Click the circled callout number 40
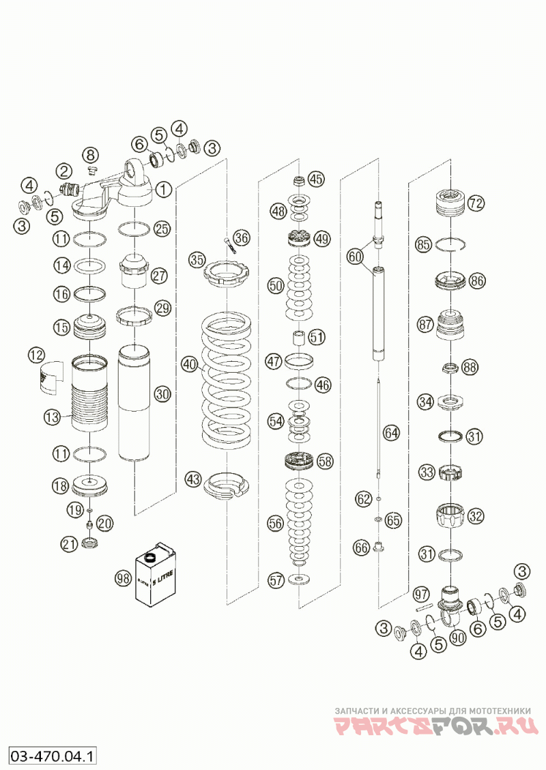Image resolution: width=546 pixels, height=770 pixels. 189,365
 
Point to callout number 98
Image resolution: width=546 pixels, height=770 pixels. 123,578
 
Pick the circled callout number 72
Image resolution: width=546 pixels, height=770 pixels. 476,203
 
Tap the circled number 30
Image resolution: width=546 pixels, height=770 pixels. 162,394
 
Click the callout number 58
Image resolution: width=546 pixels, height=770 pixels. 326,461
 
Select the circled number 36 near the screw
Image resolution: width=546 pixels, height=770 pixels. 241,238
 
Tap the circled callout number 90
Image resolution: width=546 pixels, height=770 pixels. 457,636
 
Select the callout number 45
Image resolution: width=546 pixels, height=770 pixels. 316,179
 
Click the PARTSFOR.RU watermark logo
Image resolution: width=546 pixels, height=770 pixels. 436,726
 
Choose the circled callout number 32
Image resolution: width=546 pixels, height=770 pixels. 475,516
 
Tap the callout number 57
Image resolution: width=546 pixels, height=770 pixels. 276,580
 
